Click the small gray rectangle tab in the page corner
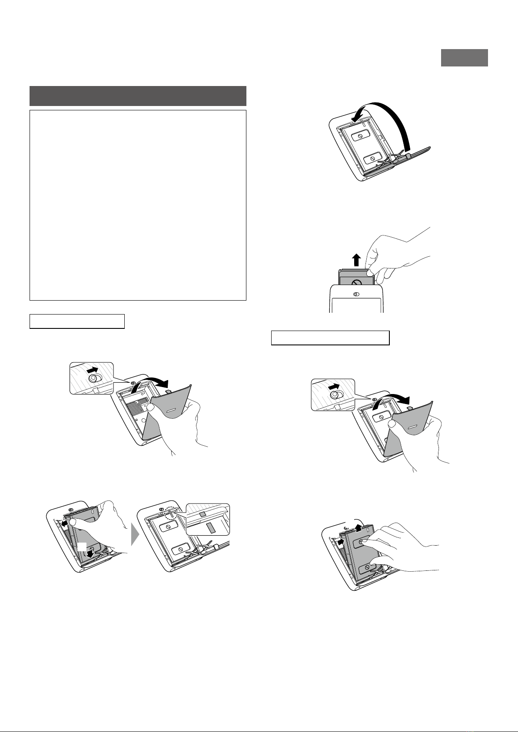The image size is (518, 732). pos(464,58)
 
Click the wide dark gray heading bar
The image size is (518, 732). pos(138,96)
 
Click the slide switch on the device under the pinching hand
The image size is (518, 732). pos(356,294)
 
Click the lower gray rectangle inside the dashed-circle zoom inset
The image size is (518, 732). pos(210,528)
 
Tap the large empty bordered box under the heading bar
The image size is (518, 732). pos(138,205)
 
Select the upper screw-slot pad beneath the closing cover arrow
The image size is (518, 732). pos(359,136)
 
